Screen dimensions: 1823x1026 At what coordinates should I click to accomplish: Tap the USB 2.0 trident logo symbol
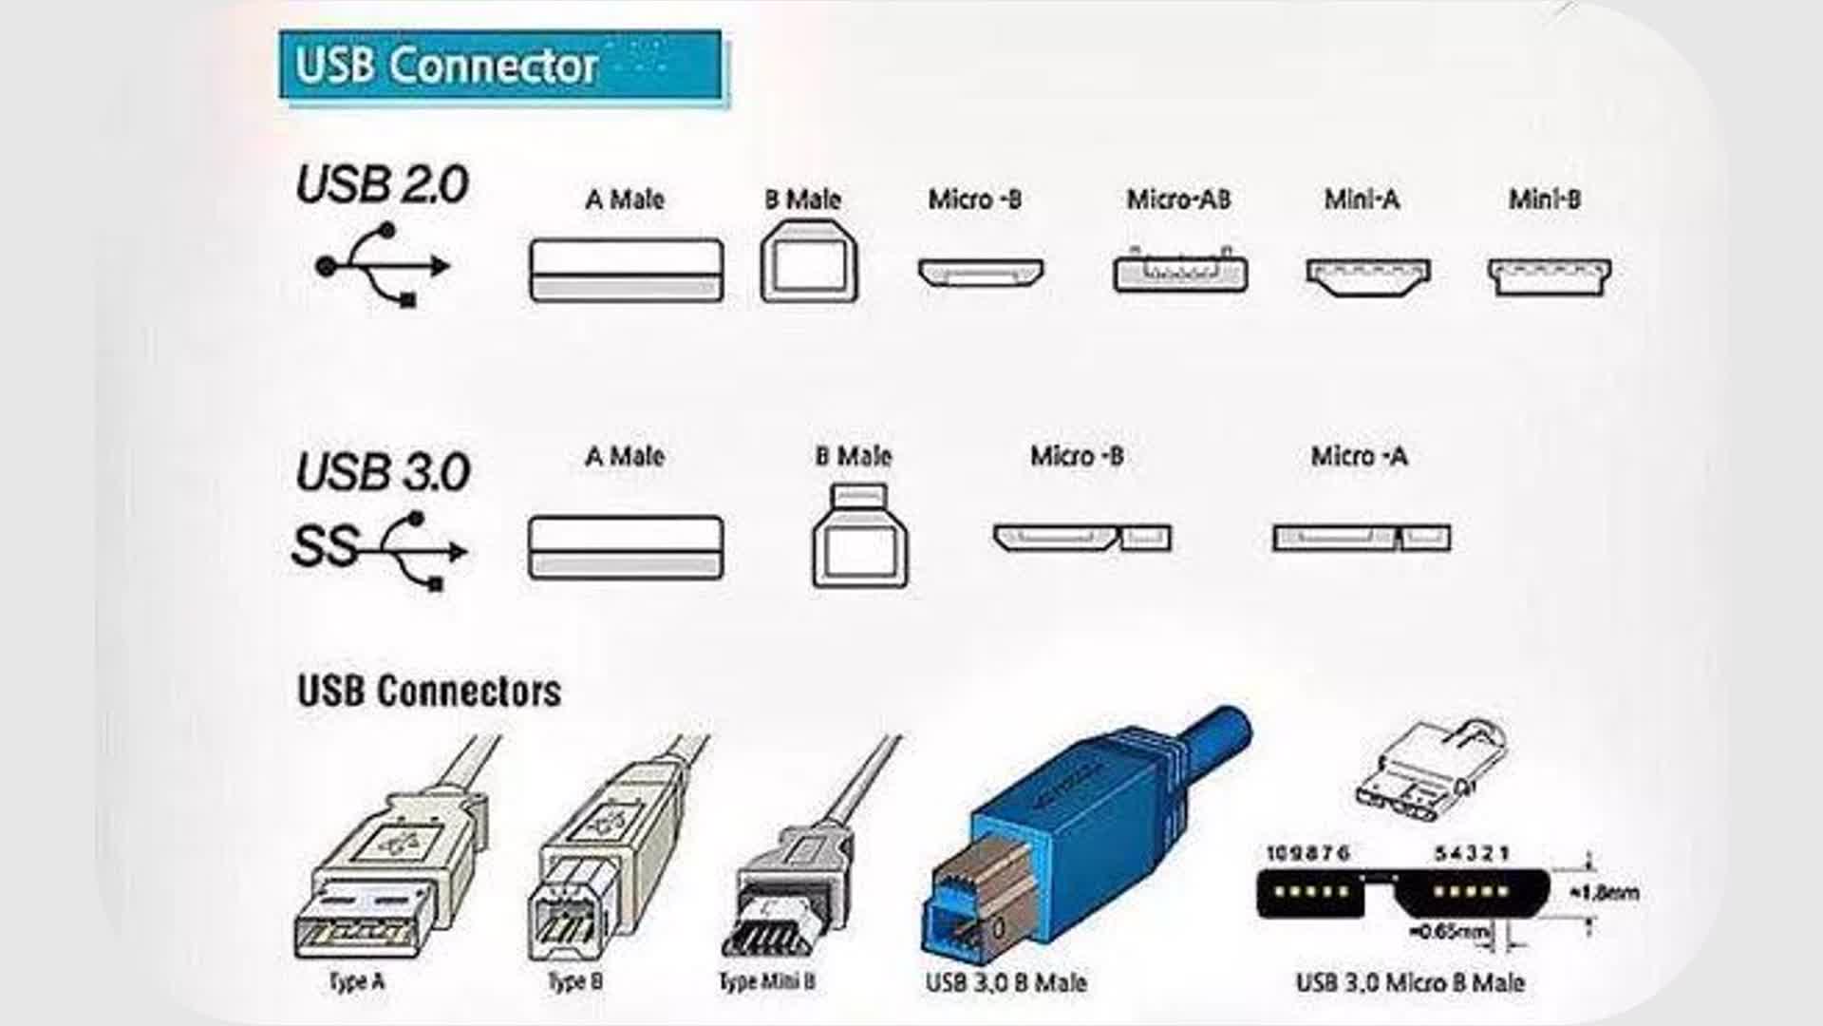tap(384, 265)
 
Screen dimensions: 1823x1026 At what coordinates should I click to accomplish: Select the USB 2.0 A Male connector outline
tap(626, 271)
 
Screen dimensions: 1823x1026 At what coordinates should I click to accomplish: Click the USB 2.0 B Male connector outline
tap(809, 262)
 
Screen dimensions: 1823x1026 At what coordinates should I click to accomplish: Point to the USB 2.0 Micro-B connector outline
tap(980, 273)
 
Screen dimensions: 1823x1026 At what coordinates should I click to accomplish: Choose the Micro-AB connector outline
tap(1180, 273)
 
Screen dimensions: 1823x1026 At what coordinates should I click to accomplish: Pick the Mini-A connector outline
tap(1368, 275)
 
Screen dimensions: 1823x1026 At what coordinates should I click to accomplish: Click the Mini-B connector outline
tap(1549, 276)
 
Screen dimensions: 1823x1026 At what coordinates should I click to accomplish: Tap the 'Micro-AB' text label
tap(1178, 199)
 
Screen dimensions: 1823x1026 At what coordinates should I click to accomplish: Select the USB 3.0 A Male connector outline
tap(626, 548)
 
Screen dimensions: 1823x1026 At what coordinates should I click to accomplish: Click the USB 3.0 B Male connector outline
tap(859, 538)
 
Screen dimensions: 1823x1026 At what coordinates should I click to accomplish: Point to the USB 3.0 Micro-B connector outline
tap(1081, 539)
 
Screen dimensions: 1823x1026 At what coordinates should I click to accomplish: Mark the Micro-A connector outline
tap(1361, 539)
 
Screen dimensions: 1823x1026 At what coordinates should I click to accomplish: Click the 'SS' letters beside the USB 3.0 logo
tap(324, 547)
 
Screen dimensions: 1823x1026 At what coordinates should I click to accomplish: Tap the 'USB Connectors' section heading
tap(429, 691)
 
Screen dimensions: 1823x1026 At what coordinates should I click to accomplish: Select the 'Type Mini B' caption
tap(767, 981)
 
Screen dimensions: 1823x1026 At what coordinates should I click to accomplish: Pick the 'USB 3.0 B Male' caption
tap(1005, 982)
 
